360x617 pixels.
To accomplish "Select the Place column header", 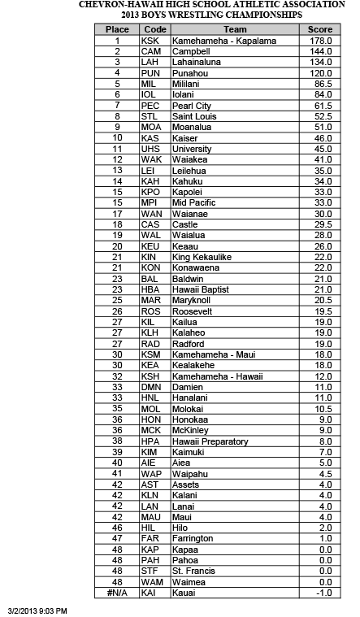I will tap(117, 29).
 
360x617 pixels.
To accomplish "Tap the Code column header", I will tap(154, 29).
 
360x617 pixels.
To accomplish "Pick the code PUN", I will tap(151, 72).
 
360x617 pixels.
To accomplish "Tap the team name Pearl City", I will tap(192, 105).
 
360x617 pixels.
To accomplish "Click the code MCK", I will tap(151, 430).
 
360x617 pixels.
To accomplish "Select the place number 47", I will tap(118, 538).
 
